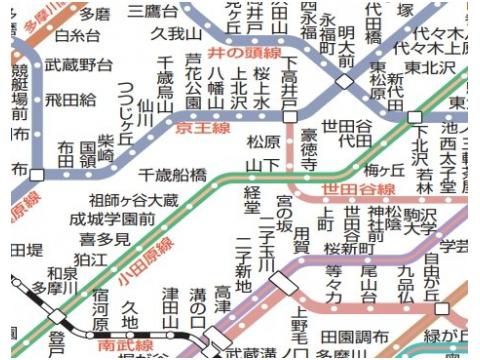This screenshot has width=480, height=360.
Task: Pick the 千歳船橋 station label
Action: (x=173, y=173)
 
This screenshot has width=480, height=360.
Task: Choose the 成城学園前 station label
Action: (x=112, y=219)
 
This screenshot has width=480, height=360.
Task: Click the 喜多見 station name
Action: (x=105, y=239)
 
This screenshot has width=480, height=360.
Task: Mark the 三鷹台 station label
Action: (x=153, y=11)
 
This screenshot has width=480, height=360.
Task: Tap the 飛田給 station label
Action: (x=70, y=100)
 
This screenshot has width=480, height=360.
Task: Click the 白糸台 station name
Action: (x=77, y=36)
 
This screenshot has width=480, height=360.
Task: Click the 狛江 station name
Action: (x=90, y=259)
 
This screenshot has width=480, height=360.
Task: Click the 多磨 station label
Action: (x=96, y=14)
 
